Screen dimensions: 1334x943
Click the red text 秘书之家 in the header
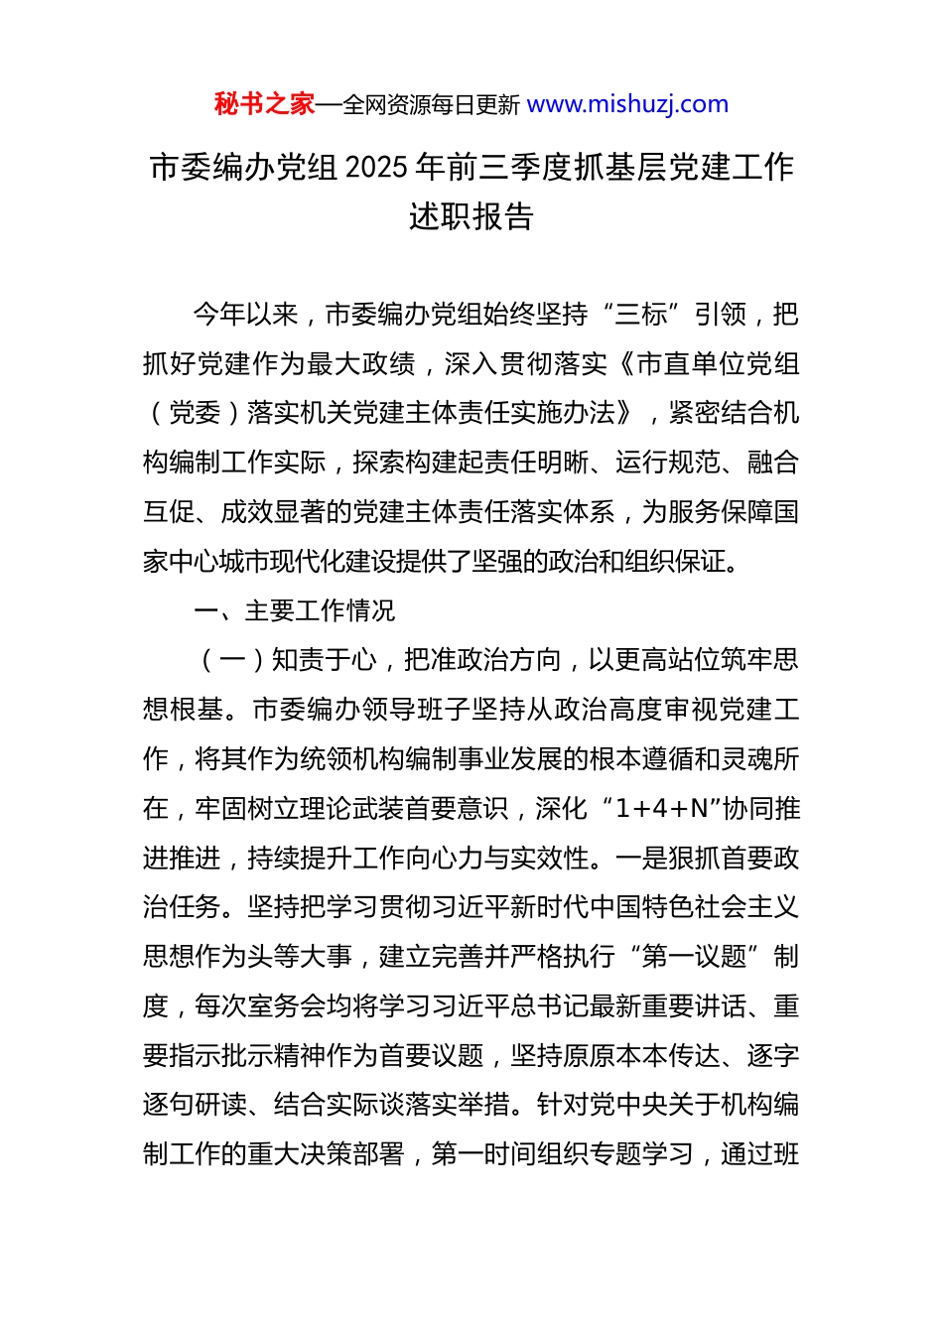point(264,104)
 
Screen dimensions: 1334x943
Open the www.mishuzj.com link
point(627,104)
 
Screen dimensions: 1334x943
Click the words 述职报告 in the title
point(471,216)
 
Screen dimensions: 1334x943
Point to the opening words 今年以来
point(245,315)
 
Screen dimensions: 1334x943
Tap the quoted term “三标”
point(641,315)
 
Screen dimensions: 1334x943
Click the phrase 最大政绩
point(361,364)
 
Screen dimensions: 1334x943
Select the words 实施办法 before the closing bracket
point(564,413)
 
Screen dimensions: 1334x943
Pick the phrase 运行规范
point(667,463)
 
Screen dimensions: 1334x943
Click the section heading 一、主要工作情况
point(294,610)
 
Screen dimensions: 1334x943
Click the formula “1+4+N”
point(656,809)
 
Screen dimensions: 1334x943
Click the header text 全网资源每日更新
point(431,105)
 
